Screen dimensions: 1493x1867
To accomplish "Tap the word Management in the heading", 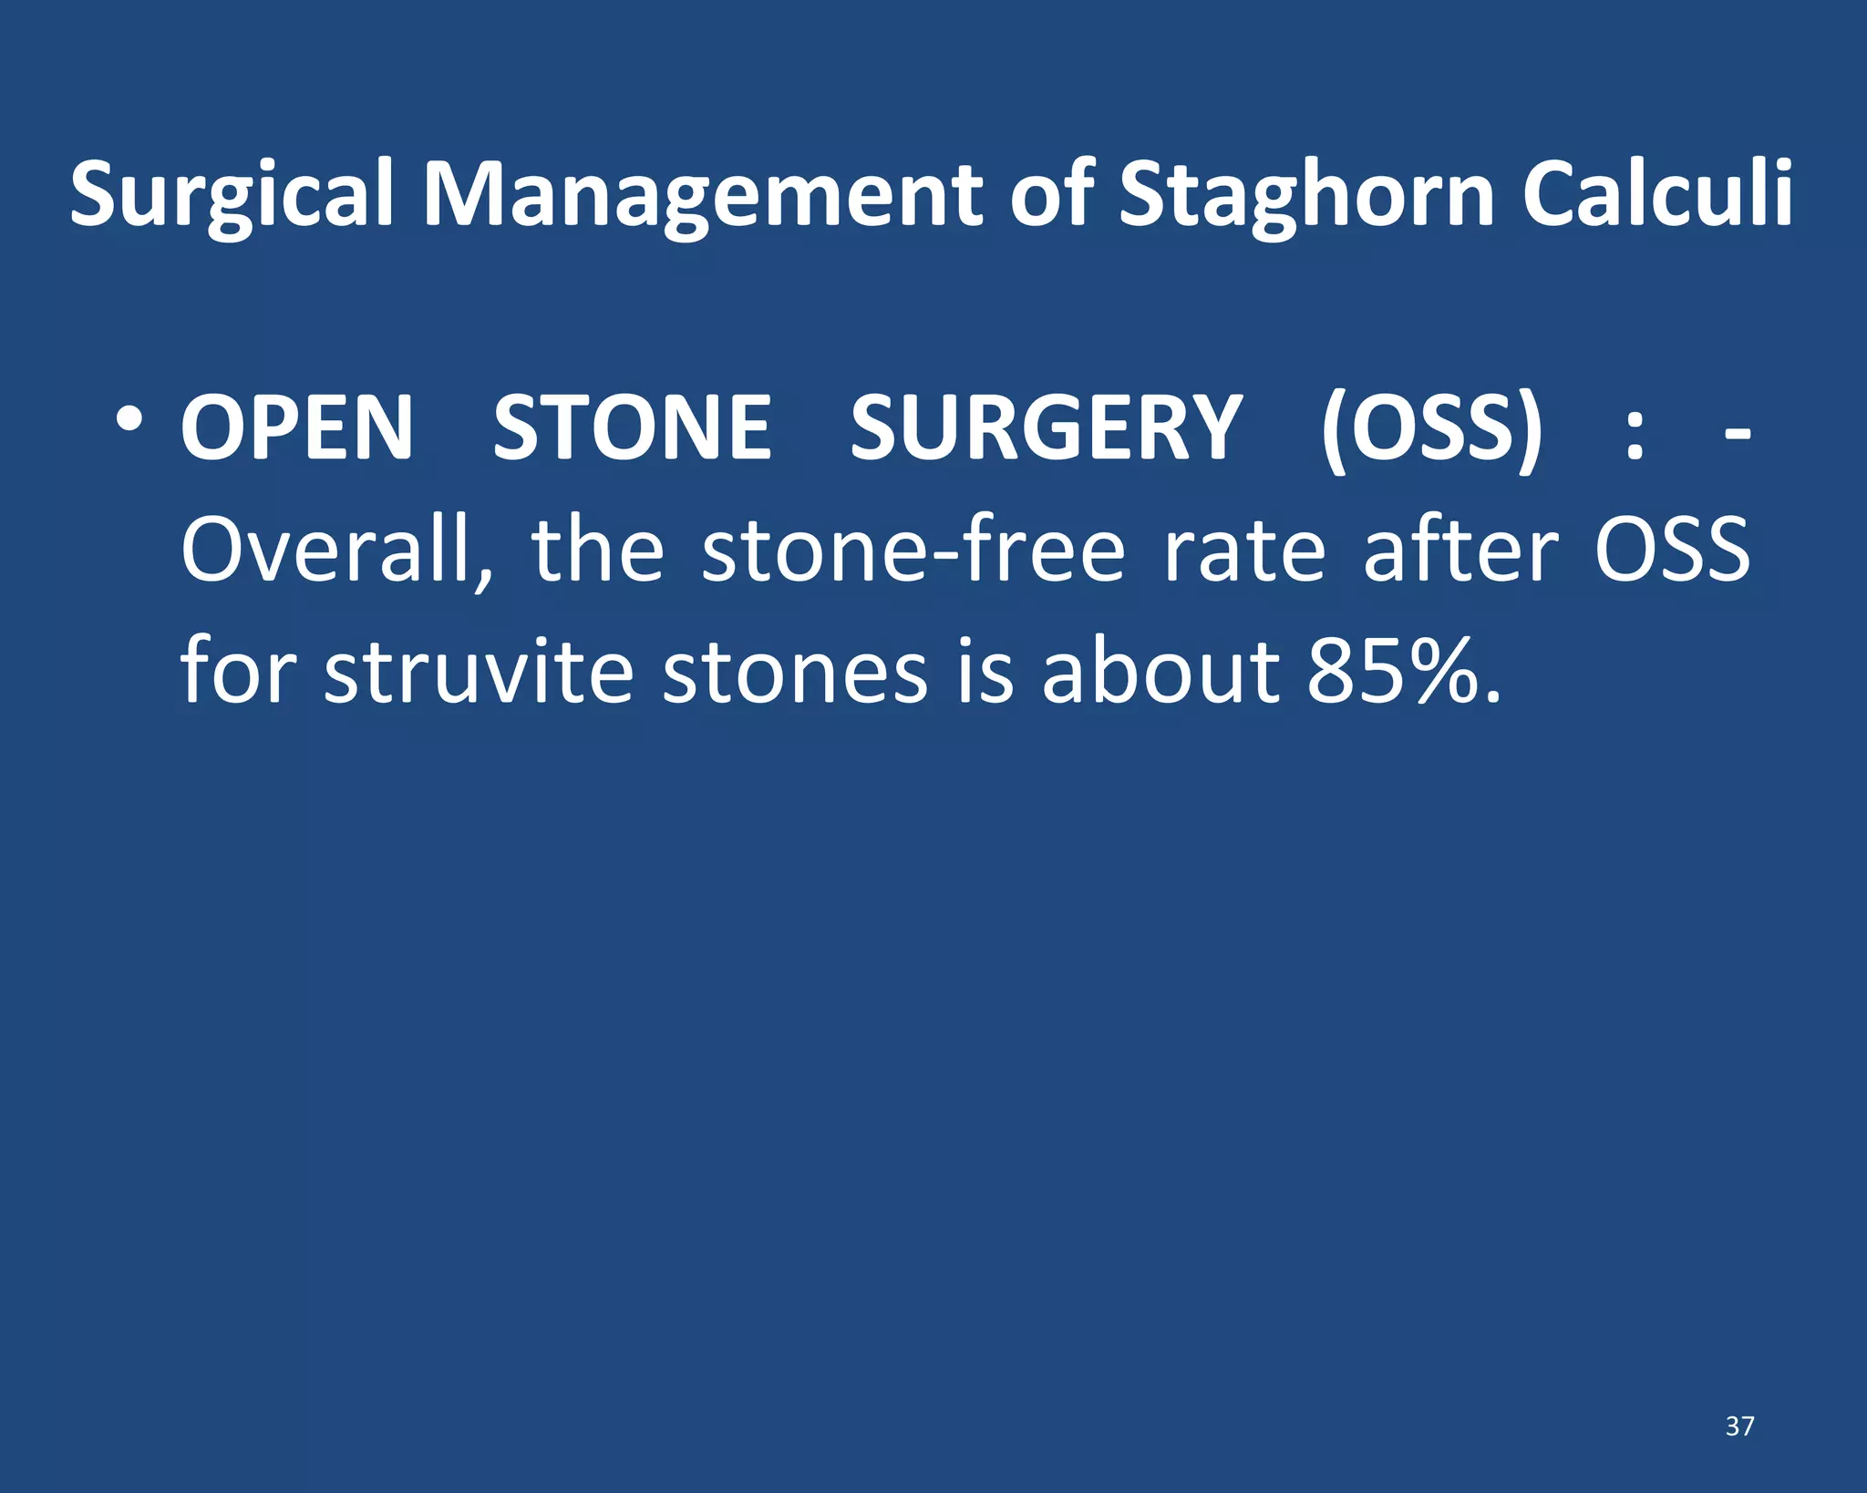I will [703, 193].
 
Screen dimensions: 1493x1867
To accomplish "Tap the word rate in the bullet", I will [1245, 551].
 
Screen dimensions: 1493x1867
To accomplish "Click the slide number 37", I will [1739, 1426].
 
